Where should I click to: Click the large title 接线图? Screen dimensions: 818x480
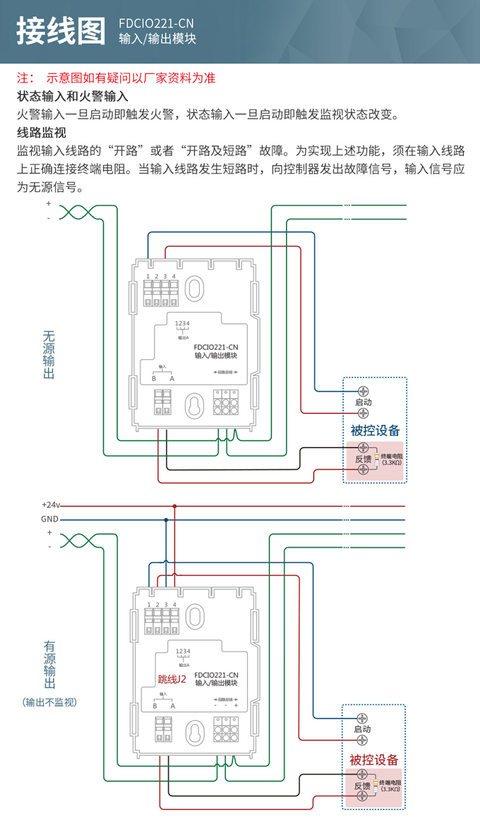(61, 31)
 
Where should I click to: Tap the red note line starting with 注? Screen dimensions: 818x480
(116, 78)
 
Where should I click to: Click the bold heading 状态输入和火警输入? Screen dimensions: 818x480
(72, 96)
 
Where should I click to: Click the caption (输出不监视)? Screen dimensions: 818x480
(49, 702)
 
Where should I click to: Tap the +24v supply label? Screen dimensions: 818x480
(51, 505)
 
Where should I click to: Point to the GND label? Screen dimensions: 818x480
(49, 519)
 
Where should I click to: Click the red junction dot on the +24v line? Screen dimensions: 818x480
(174, 506)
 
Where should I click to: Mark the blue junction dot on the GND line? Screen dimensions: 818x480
(166, 520)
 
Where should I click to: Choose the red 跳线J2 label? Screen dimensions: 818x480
(172, 679)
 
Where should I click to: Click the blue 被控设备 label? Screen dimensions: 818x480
(375, 430)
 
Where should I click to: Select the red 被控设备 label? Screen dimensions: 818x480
(374, 759)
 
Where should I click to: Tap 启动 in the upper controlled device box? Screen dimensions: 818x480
(363, 402)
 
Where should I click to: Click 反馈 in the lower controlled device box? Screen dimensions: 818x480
(362, 786)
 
